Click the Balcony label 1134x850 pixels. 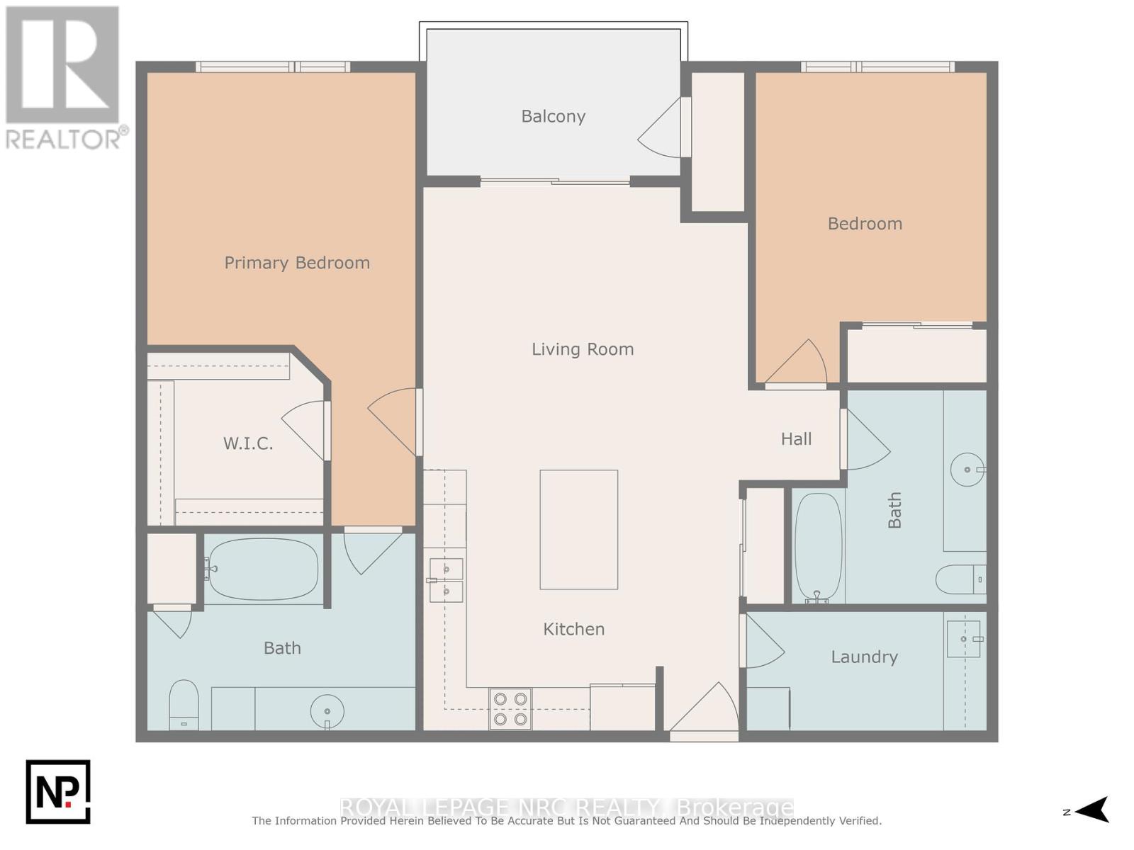click(x=553, y=116)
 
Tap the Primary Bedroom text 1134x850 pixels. click(x=297, y=263)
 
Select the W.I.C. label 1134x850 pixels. click(x=248, y=444)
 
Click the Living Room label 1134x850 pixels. click(x=583, y=349)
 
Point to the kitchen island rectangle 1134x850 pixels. click(x=578, y=530)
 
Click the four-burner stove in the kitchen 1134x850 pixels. click(x=510, y=709)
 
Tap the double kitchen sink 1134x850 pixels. click(x=447, y=579)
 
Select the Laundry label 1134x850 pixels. click(x=864, y=657)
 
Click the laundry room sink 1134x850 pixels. click(x=964, y=639)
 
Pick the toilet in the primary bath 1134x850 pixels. click(x=184, y=705)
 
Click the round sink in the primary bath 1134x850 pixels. click(x=327, y=711)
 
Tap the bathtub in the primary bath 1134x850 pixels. click(x=263, y=569)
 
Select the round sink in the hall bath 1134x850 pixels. click(x=967, y=470)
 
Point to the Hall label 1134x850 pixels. click(x=796, y=439)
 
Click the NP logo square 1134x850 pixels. click(x=58, y=792)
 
